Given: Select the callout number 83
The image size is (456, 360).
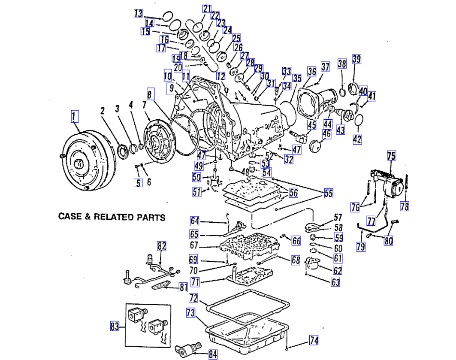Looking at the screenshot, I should pos(114,327).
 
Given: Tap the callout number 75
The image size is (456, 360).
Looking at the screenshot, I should pos(391,157).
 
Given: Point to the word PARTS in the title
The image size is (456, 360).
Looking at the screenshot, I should pos(149,217).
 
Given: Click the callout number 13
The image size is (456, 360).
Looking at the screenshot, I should pos(138,13).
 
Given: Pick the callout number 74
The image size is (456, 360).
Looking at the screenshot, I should pos(314,341).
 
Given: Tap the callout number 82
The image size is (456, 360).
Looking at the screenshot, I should pos(162,246).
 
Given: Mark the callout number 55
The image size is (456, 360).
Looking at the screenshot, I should pos(328,193).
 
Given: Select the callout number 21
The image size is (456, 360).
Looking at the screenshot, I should pos(207,9).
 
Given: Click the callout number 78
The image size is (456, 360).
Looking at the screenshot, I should pos(405,206).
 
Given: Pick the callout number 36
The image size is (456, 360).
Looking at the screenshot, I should pos(311,72).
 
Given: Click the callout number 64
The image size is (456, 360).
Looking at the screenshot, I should pos(195,221).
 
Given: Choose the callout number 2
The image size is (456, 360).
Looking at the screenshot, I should pos(103,111).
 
